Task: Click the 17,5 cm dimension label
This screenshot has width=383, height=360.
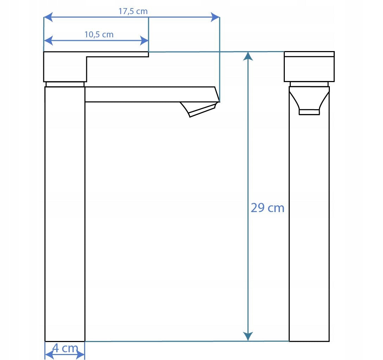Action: click(133, 11)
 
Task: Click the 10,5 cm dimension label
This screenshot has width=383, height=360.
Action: click(99, 35)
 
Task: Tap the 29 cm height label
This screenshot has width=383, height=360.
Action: click(268, 208)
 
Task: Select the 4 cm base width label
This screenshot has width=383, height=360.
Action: click(65, 348)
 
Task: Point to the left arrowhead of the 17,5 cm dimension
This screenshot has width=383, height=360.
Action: click(48, 17)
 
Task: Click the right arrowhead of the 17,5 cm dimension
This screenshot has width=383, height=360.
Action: click(215, 17)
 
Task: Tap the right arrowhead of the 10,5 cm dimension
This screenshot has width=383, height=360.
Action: click(144, 40)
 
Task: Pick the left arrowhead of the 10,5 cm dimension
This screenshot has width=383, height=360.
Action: click(48, 40)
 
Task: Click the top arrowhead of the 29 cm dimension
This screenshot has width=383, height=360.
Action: click(248, 56)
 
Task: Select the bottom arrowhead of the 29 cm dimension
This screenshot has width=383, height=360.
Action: click(248, 336)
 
